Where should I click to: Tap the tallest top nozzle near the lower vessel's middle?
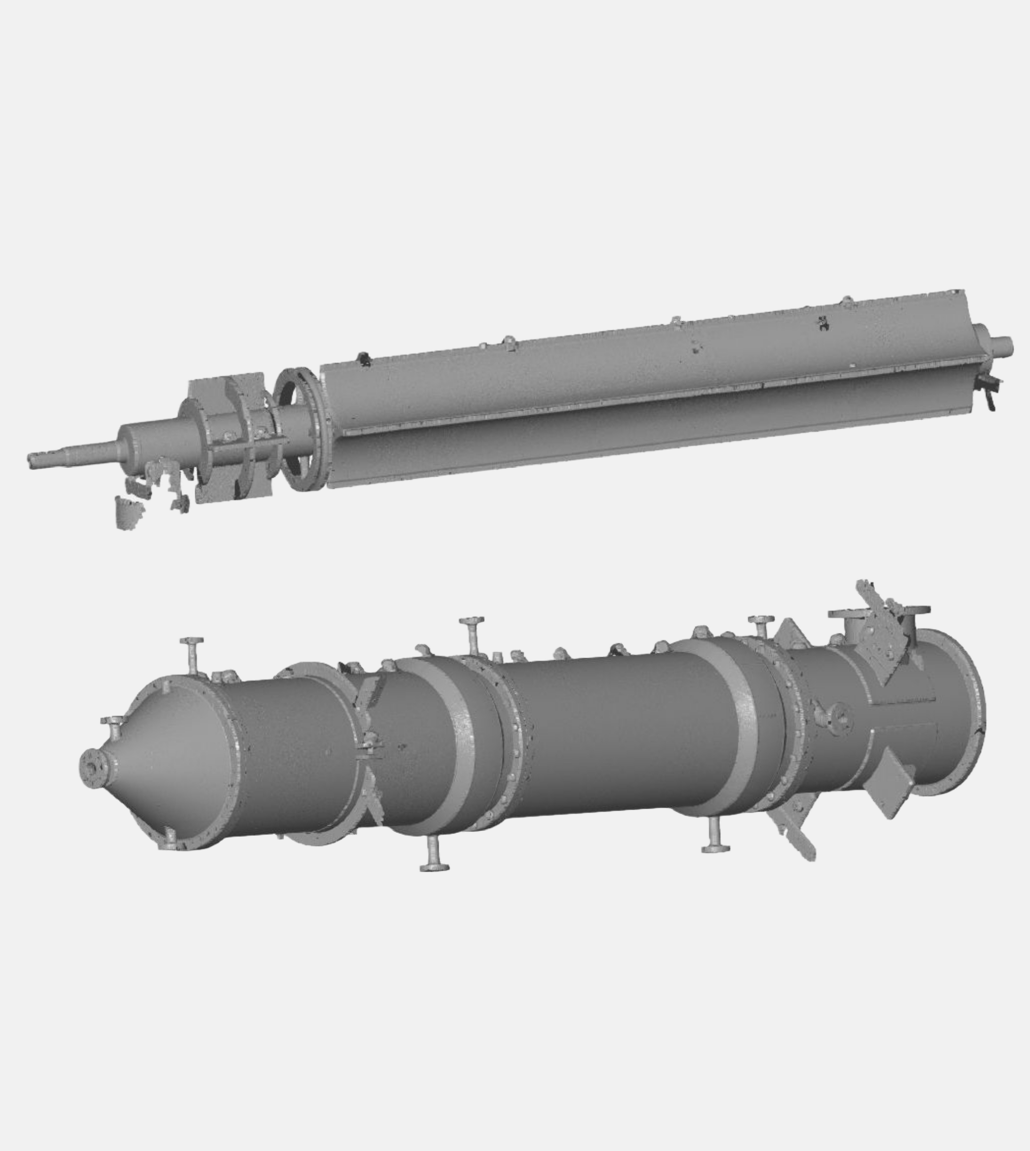pyautogui.click(x=472, y=633)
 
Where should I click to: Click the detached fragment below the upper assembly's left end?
pyautogui.click(x=128, y=512)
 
